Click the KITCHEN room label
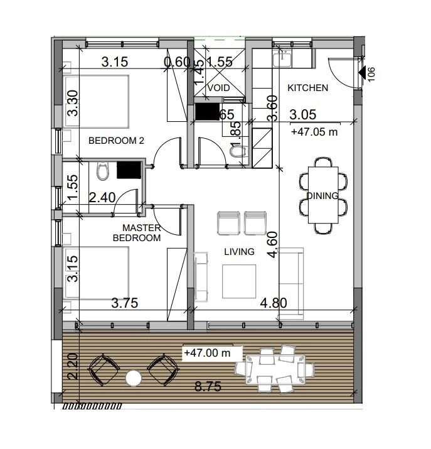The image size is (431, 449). tap(308, 88)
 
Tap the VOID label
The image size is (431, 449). tap(219, 88)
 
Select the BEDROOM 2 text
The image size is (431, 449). tap(116, 141)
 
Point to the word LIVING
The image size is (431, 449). tap(239, 252)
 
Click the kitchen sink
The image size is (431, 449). tap(282, 60)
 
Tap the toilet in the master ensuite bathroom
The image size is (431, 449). tap(103, 171)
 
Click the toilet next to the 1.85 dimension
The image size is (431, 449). tap(238, 151)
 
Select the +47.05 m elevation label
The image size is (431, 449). tap(314, 132)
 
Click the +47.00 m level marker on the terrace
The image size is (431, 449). tap(208, 352)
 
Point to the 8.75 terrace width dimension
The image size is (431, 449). tap(208, 387)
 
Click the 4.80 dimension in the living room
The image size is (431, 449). tap(274, 303)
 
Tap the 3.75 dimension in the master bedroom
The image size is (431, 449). tap(125, 303)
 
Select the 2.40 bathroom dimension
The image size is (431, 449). tap(102, 197)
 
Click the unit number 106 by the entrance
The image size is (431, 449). tap(371, 75)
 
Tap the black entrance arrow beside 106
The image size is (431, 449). tap(362, 72)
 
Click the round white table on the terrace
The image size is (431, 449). tap(134, 378)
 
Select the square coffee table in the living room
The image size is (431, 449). tap(239, 281)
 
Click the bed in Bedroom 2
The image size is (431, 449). tap(97, 101)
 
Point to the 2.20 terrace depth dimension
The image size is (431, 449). tap(73, 366)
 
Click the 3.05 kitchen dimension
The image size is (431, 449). tap(302, 114)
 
